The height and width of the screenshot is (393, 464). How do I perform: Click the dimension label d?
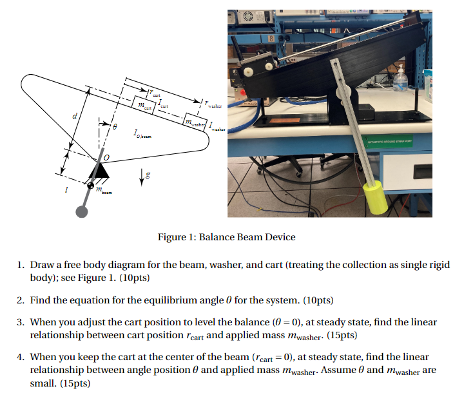tap(76, 115)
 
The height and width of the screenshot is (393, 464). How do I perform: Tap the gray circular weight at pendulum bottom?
tap(82, 211)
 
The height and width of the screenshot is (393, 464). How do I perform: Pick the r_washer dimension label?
tap(213, 103)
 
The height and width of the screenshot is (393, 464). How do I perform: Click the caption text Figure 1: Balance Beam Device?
tap(226, 236)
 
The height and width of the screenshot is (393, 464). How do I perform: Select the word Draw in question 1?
tap(43, 265)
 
